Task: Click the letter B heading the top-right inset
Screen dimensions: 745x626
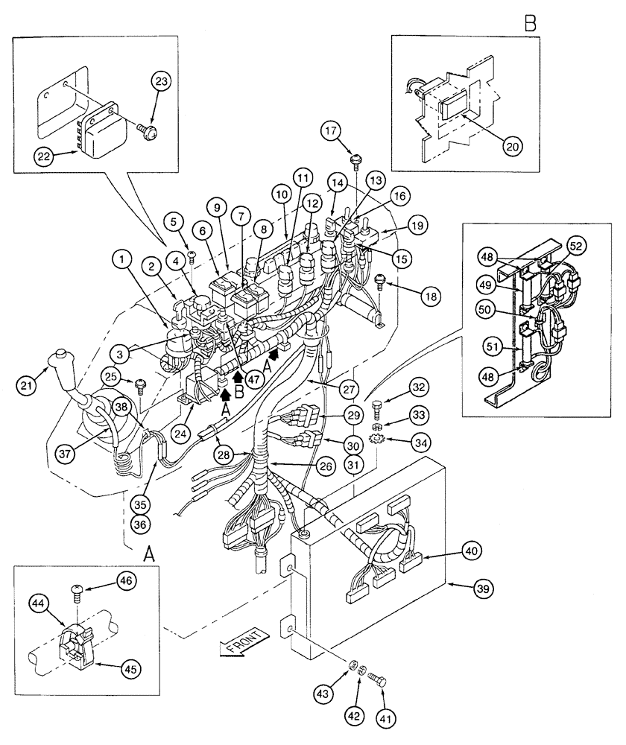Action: point(530,22)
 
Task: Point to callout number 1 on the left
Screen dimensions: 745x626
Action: point(120,261)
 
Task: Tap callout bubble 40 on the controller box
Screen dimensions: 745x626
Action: point(470,551)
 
